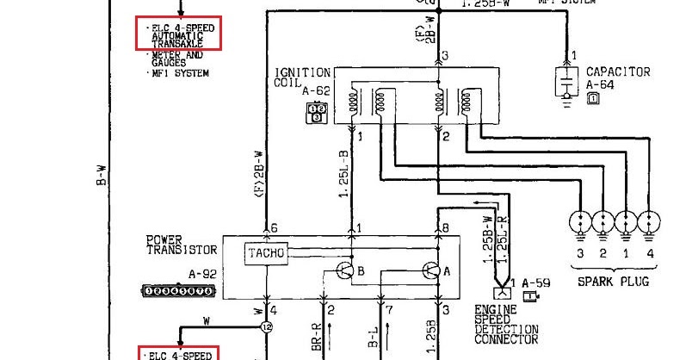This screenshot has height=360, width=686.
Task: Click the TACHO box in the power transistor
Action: [x=265, y=252]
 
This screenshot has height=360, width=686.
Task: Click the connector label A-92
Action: [x=201, y=275]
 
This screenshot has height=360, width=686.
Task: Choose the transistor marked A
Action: [x=432, y=271]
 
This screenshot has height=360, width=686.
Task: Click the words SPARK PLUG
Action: [x=612, y=282]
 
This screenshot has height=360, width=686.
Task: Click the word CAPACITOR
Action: [x=617, y=71]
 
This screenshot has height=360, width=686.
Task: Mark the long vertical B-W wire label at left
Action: [x=101, y=181]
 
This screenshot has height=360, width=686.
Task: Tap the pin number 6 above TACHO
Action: [x=275, y=227]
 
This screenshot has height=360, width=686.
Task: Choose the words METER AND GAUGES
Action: [x=176, y=59]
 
